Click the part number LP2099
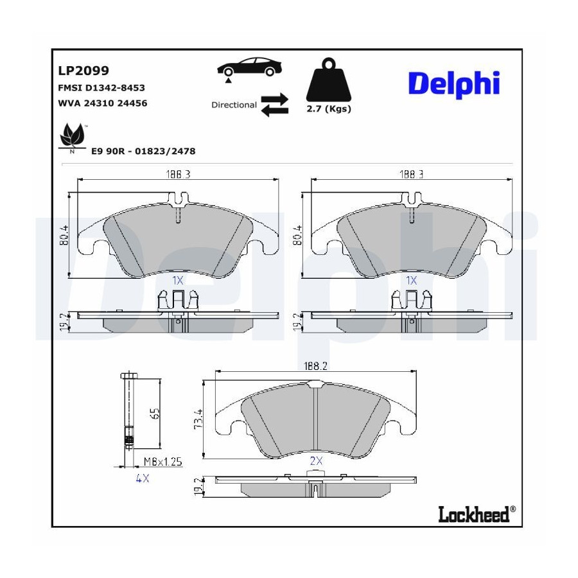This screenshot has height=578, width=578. click(83, 71)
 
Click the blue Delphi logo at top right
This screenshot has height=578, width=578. click(454, 84)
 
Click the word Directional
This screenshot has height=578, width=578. click(234, 105)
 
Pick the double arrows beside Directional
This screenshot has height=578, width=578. click(275, 105)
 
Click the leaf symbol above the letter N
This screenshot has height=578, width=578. click(72, 135)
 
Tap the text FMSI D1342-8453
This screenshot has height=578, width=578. click(101, 88)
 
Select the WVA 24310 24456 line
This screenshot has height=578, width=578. click(103, 103)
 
